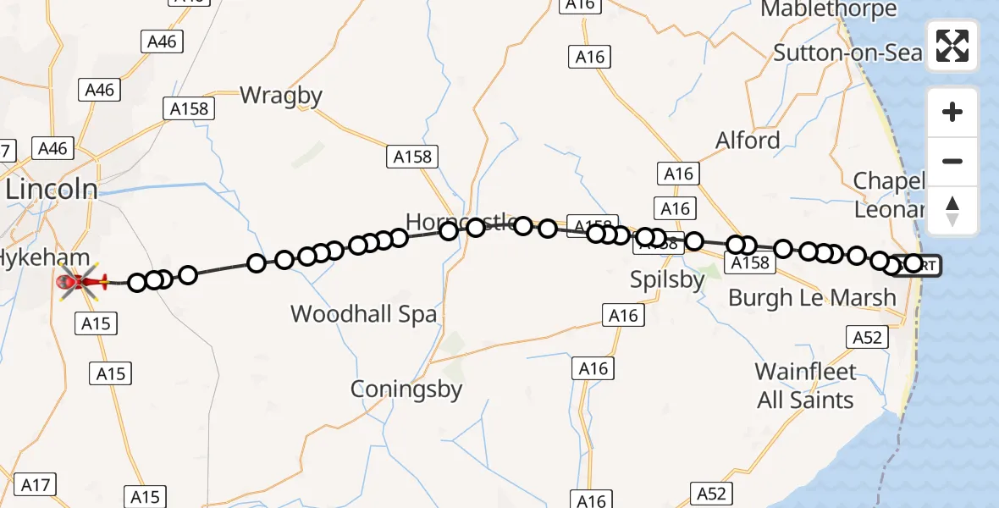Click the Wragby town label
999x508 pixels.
(x=281, y=96)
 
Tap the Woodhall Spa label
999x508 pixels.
(x=364, y=314)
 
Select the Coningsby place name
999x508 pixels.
(x=407, y=389)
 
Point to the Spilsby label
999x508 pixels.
(x=668, y=279)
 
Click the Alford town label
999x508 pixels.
(x=748, y=140)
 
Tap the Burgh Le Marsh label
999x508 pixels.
(x=812, y=297)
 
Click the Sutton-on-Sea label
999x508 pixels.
(x=847, y=52)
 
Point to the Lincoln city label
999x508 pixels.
(x=51, y=189)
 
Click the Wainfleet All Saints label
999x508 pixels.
(x=805, y=385)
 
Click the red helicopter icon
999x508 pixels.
(x=81, y=280)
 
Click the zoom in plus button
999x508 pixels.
(x=952, y=112)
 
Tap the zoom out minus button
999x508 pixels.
(x=952, y=162)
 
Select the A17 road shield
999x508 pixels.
(x=36, y=485)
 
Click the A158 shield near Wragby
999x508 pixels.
(x=189, y=108)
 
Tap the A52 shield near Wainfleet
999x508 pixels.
(x=868, y=338)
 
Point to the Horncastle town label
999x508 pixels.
(x=461, y=223)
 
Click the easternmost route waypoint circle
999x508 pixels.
(x=913, y=264)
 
